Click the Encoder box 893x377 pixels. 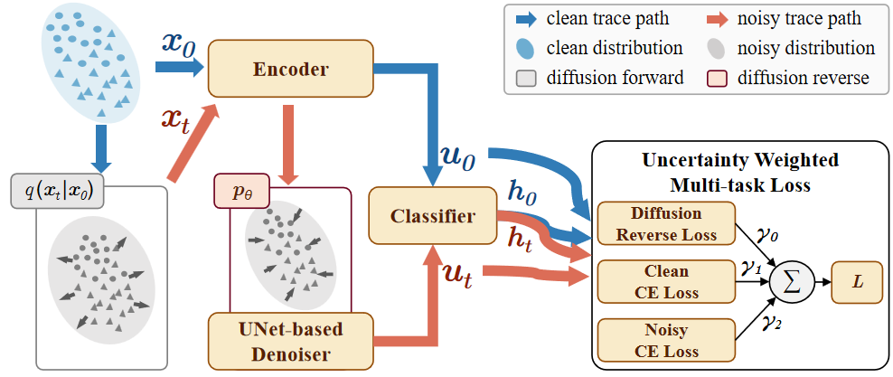point(291,69)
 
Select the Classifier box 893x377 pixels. point(433,216)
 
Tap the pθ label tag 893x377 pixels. point(241,189)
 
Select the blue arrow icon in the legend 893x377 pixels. point(524,19)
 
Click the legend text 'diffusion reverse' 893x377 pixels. point(804,77)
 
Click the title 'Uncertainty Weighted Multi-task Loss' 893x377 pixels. point(740,173)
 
